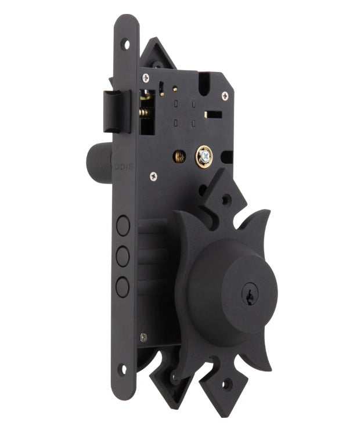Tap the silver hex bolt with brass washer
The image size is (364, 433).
[204, 156]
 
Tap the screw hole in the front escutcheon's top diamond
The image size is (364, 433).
[226, 200]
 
